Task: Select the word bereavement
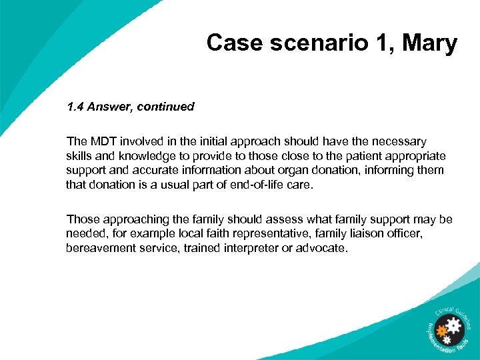tap(98, 248)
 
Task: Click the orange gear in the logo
tap(440, 329)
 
